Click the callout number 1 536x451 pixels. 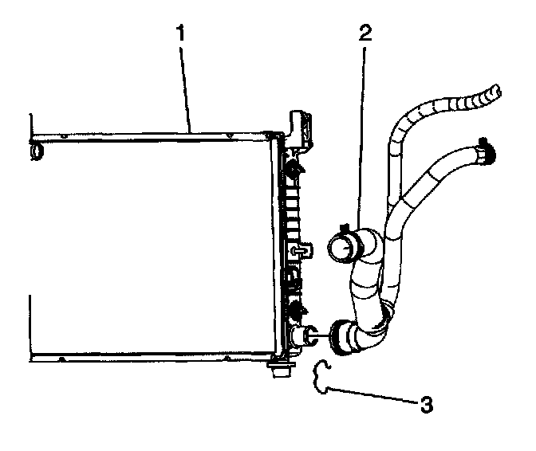tap(183, 34)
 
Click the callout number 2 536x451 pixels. tap(365, 34)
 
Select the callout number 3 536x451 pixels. tap(427, 404)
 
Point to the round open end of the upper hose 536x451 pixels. tap(341, 249)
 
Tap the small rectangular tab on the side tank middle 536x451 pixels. tap(301, 251)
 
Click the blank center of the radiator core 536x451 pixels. tap(152, 247)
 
